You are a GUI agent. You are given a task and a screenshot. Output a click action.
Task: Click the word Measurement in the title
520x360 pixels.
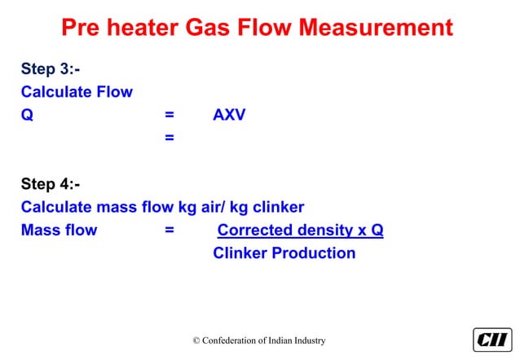pyautogui.click(x=375, y=28)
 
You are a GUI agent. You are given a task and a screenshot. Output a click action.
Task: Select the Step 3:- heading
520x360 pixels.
pyautogui.click(x=50, y=68)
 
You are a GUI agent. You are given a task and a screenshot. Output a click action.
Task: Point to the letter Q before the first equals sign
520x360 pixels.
pyautogui.click(x=27, y=115)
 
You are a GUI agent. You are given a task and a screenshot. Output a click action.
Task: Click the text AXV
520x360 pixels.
pyautogui.click(x=229, y=115)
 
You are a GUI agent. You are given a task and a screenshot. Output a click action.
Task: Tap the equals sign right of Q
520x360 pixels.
pyautogui.click(x=169, y=115)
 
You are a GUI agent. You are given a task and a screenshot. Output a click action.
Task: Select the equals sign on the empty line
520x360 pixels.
pyautogui.click(x=169, y=138)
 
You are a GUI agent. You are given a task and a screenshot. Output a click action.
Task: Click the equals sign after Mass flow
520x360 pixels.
pyautogui.click(x=169, y=230)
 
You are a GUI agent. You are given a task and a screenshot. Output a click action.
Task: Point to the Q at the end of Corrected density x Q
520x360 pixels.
pyautogui.click(x=377, y=230)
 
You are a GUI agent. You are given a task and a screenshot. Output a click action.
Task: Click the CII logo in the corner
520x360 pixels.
pyautogui.click(x=491, y=340)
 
